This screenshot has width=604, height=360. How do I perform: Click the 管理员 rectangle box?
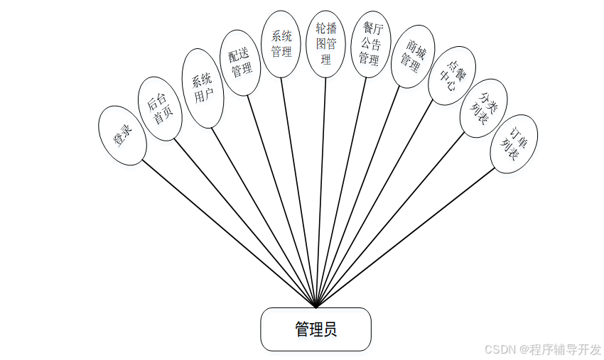point(316,329)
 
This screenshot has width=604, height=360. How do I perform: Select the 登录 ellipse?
point(122,136)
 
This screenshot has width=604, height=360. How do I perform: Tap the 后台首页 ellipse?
point(159,108)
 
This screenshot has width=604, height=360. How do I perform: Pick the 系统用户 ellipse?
point(203,89)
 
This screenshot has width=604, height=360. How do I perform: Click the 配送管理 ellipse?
point(241,62)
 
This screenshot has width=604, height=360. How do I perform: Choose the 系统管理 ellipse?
point(281,43)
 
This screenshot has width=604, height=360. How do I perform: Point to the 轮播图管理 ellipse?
point(325,43)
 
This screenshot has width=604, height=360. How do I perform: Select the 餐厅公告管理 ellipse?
point(370,44)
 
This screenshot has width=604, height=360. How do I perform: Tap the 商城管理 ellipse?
point(413,57)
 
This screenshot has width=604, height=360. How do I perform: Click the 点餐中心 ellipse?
point(453,76)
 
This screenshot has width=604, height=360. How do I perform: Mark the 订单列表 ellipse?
point(514,143)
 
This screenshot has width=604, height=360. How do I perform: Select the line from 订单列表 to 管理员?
point(405,238)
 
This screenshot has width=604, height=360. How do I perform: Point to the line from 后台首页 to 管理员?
point(245,224)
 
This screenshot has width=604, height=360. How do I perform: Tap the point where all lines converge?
point(316,307)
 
